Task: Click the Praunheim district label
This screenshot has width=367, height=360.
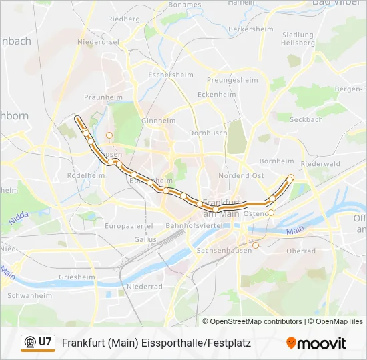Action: tap(103, 97)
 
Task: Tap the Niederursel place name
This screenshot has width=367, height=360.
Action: tap(98, 42)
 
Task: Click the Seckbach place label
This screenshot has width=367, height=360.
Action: tap(306, 119)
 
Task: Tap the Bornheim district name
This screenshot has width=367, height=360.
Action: tap(276, 161)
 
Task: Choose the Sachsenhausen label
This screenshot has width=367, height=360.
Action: tap(225, 250)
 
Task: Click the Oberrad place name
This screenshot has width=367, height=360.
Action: tap(300, 251)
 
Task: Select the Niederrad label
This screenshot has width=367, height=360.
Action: tap(145, 286)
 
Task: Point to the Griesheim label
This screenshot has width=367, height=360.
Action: tap(77, 277)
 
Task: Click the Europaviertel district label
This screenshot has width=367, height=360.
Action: tap(129, 226)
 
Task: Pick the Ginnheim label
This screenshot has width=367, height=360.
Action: tap(158, 121)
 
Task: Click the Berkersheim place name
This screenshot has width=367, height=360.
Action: tap(251, 29)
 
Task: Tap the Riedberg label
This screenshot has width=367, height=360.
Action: tap(123, 19)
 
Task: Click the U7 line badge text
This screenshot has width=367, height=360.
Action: tap(45, 343)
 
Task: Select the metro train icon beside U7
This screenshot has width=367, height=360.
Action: tap(29, 343)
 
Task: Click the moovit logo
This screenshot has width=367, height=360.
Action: tap(316, 343)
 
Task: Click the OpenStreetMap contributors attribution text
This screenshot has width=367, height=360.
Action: tap(256, 321)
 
